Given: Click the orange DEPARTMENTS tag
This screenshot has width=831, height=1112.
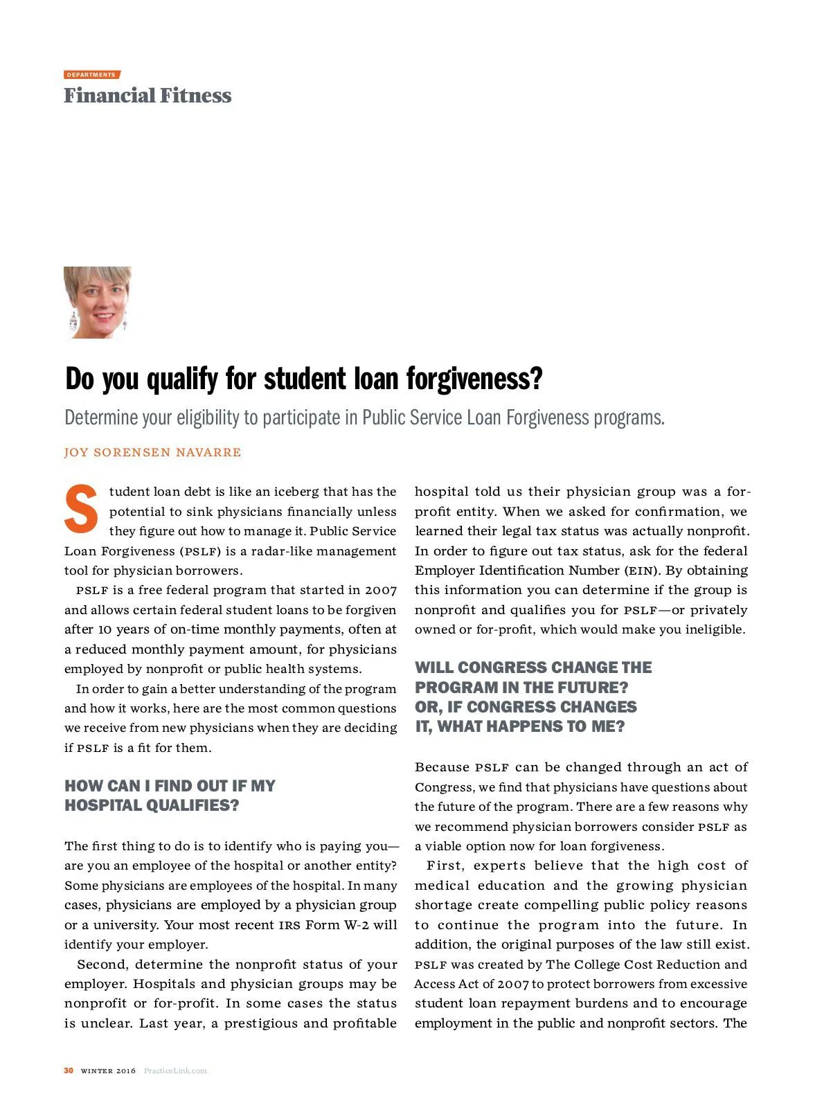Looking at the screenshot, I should (92, 75).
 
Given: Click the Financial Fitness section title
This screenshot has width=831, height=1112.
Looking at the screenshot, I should (148, 96).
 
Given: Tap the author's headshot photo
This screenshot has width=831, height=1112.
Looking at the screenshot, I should (98, 303).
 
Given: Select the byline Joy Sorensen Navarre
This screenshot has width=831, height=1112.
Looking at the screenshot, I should (153, 452).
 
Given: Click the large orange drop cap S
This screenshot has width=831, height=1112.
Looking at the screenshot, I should (82, 510).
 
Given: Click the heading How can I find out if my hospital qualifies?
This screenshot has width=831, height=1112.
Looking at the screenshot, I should (170, 796).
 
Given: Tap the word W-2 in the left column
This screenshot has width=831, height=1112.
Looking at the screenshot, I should (357, 925).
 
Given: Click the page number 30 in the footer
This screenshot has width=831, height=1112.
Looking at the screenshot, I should (69, 1070).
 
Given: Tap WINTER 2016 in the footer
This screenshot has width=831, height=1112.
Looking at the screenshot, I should (108, 1071).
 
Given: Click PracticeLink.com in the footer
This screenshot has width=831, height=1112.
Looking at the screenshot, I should (175, 1071).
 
